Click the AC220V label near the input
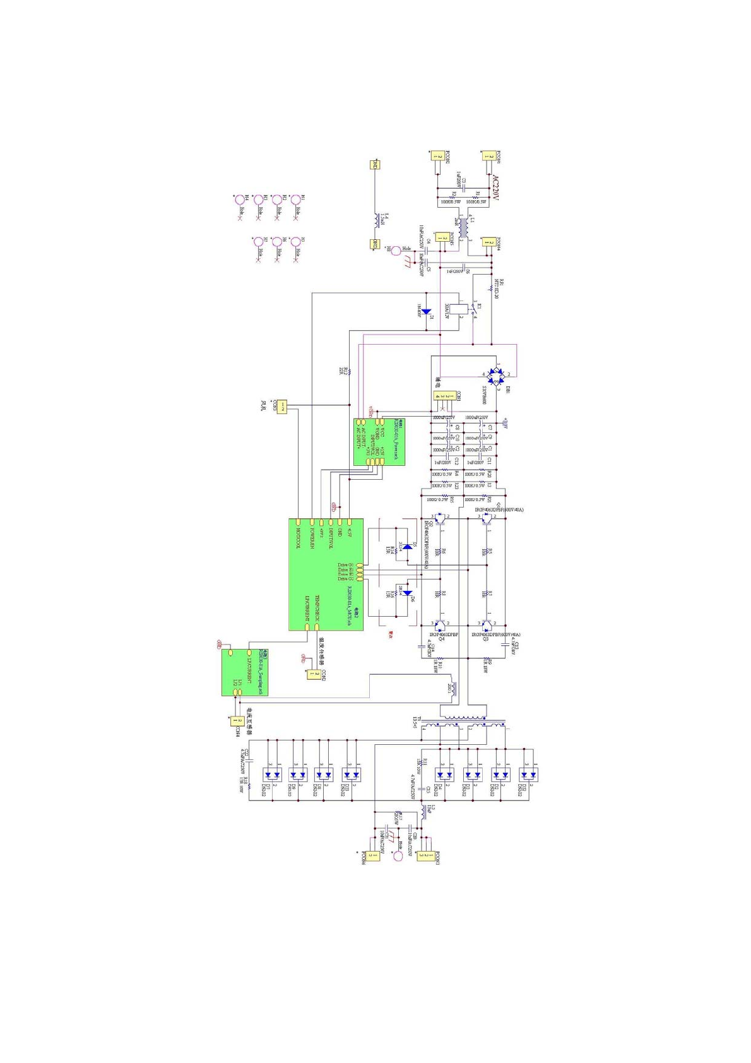[x=495, y=188]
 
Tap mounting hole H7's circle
[x=258, y=242]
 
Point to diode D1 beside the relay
[x=426, y=311]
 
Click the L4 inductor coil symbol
[x=376, y=219]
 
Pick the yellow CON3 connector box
[x=282, y=407]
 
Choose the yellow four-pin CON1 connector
[x=446, y=396]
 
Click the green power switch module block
[x=379, y=442]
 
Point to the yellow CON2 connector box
[x=312, y=674]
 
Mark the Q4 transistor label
[x=442, y=639]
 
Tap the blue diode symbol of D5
[x=408, y=546]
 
